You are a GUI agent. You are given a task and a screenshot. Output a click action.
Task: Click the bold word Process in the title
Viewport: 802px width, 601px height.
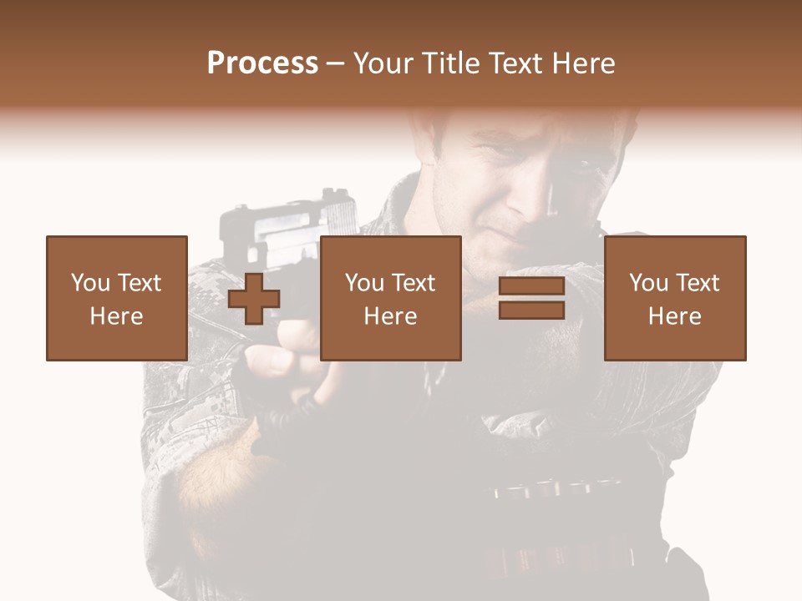point(262,63)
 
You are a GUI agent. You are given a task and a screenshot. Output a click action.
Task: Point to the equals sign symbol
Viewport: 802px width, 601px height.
point(531,299)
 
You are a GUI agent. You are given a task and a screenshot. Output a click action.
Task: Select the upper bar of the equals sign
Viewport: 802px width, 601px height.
point(531,286)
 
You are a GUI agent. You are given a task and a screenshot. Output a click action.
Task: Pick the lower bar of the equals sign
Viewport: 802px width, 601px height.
point(531,311)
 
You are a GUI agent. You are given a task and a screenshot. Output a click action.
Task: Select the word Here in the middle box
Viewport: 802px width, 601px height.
point(390,316)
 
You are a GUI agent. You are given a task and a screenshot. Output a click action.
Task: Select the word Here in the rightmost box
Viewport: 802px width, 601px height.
point(674,316)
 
